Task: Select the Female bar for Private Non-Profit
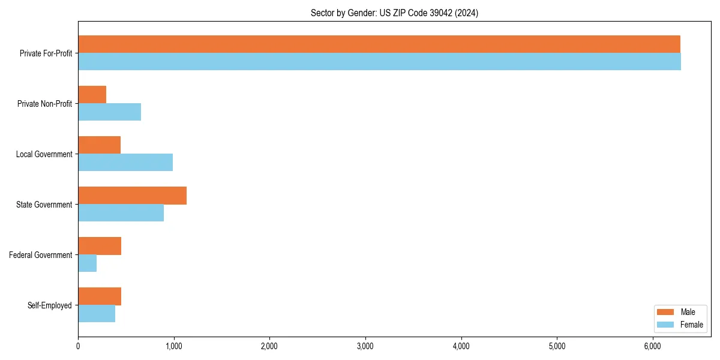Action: tap(109, 112)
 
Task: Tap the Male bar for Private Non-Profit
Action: tap(92, 95)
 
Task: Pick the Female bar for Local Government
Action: tap(125, 163)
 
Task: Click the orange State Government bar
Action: tap(132, 196)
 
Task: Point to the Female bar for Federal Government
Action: tap(87, 263)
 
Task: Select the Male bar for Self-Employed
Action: tap(100, 296)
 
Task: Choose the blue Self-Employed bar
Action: tap(97, 314)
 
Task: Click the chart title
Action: tap(394, 13)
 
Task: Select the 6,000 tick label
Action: tap(652, 346)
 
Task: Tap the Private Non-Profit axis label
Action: tap(44, 104)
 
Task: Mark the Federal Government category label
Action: tap(41, 255)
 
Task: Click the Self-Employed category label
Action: tap(50, 305)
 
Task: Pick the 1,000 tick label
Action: tap(173, 346)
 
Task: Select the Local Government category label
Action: tap(44, 154)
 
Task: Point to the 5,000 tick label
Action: tap(557, 346)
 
